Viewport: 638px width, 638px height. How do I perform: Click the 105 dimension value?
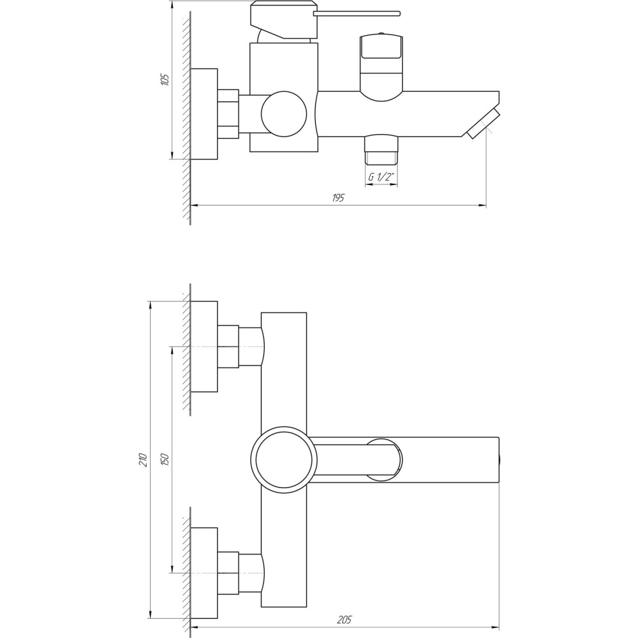coord(165,80)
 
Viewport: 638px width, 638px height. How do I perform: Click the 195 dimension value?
coord(338,198)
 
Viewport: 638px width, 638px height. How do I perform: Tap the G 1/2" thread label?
coord(380,178)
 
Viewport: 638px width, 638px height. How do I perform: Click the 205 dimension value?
coord(345,619)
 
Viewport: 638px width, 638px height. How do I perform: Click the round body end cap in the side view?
coord(283,114)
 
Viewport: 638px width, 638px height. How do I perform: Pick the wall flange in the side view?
coord(204,113)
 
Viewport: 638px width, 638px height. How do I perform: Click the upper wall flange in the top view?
coord(204,346)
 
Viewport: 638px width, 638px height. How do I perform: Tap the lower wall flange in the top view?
coord(204,572)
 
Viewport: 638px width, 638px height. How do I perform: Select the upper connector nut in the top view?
coord(228,346)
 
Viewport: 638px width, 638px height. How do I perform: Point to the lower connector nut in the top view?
coord(228,572)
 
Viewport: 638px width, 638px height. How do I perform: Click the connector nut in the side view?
coord(228,114)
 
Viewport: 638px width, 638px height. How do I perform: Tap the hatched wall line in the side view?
coord(186,121)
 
